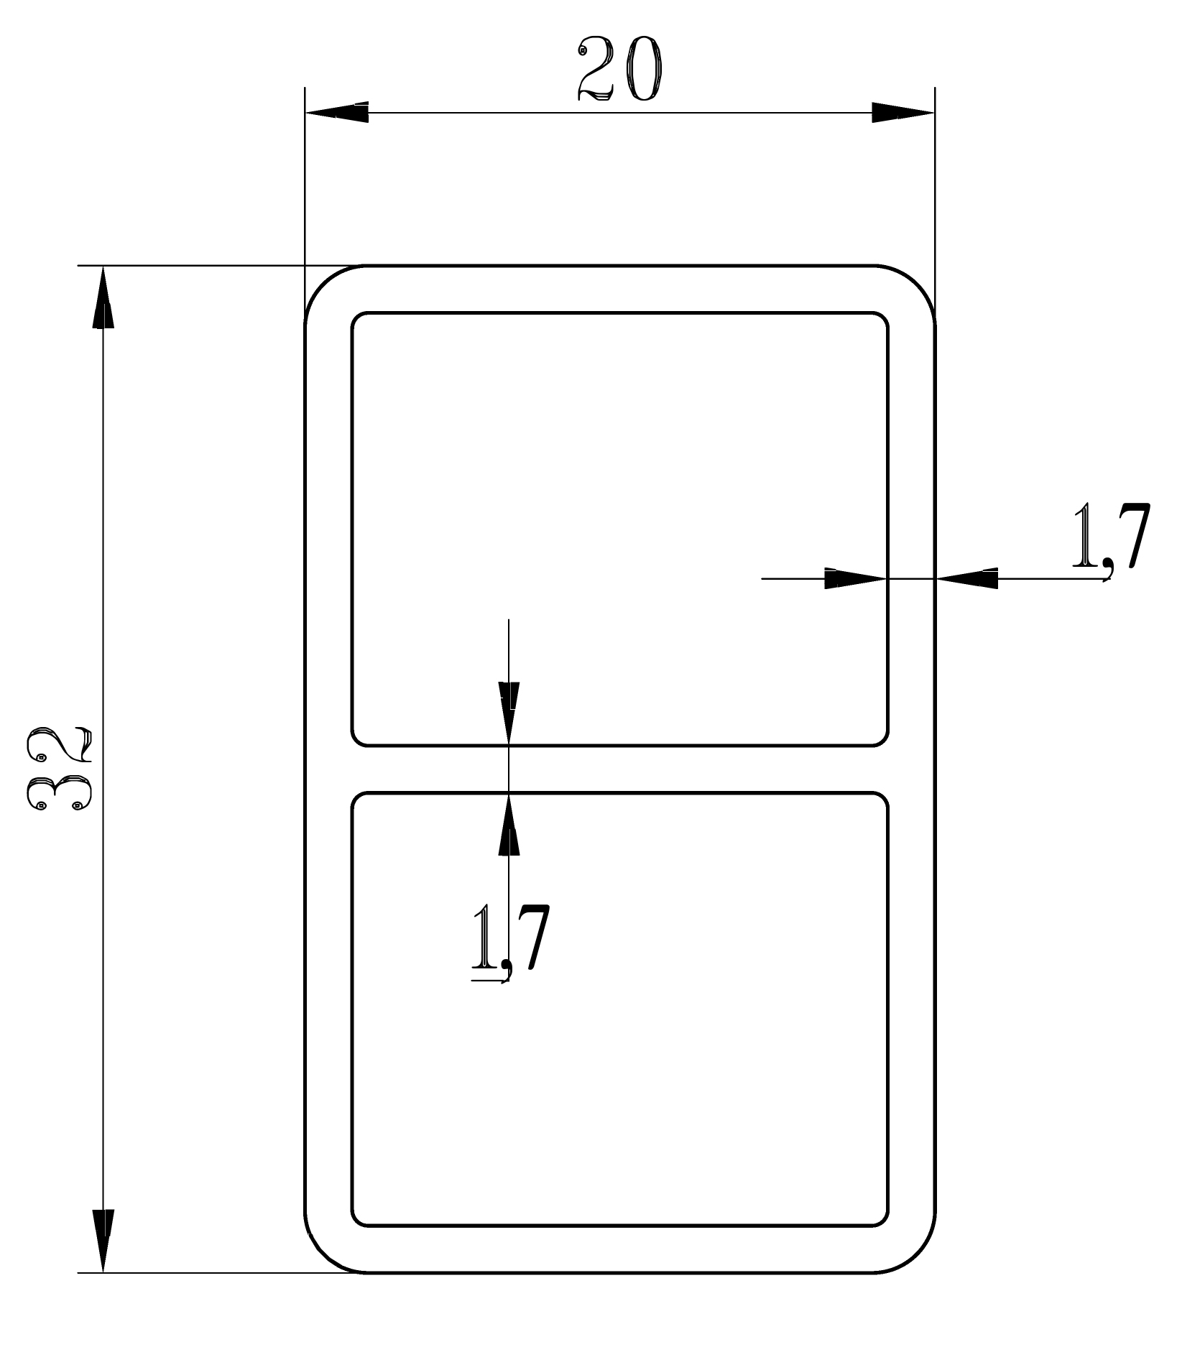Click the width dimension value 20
click(619, 69)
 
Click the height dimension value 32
click(59, 769)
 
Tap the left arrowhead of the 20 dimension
click(337, 113)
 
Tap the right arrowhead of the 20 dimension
click(903, 113)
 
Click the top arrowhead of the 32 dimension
click(103, 298)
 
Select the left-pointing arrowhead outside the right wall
click(967, 578)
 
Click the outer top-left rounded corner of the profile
click(323, 284)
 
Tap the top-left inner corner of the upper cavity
click(356, 317)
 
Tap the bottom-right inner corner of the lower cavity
click(884, 1221)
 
